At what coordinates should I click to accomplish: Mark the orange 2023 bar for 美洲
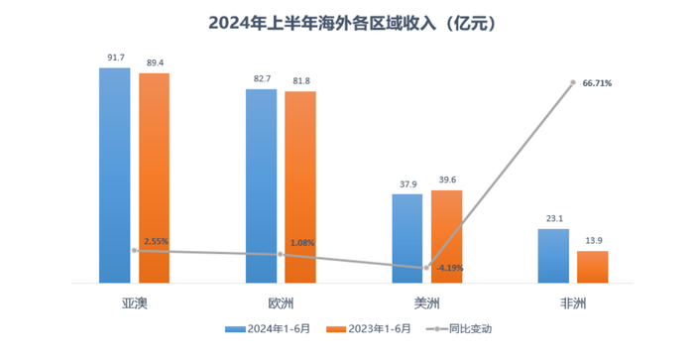click(446, 236)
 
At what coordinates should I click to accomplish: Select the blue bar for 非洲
click(552, 256)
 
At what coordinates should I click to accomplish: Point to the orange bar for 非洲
click(592, 267)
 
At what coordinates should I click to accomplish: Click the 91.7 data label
click(115, 59)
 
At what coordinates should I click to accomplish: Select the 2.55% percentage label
click(156, 241)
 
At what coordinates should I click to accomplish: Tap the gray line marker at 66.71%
click(573, 83)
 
